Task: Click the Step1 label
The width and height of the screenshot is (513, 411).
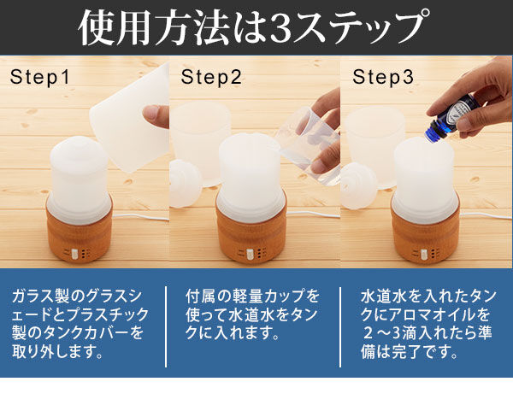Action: pyautogui.click(x=39, y=78)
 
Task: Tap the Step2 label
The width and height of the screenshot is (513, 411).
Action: pyautogui.click(x=210, y=78)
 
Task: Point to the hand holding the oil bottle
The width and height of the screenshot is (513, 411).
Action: pyautogui.click(x=483, y=98)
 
